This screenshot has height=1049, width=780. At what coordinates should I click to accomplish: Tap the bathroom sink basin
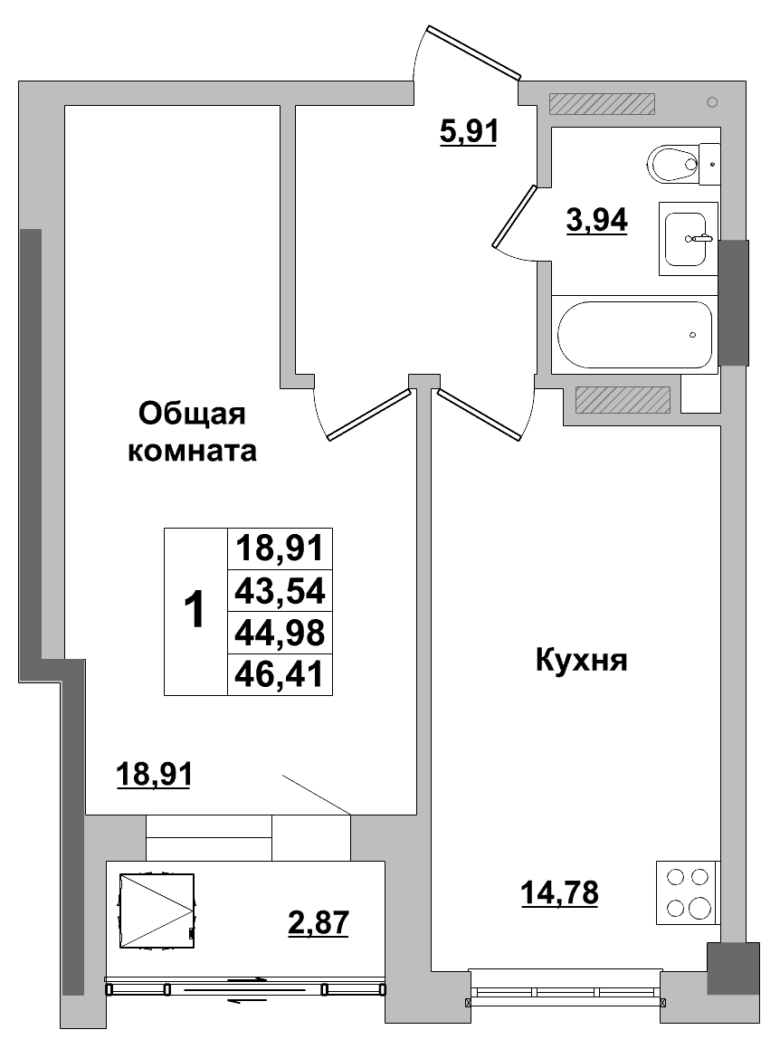[690, 238]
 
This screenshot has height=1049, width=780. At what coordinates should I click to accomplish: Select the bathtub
[634, 333]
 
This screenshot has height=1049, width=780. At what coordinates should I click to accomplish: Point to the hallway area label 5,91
[469, 133]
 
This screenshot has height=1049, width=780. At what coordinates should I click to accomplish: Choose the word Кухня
[581, 660]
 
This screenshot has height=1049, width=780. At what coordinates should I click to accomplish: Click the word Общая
[192, 415]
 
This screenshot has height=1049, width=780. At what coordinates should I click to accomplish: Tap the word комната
[192, 450]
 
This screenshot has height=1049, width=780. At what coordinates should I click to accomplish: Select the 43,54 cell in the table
[280, 591]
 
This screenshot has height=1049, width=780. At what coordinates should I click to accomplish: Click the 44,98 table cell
[280, 632]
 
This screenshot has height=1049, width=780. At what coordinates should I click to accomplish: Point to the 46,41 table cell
[280, 673]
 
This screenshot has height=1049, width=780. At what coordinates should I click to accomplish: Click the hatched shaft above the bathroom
[602, 104]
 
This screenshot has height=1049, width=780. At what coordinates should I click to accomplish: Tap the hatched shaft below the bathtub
[623, 398]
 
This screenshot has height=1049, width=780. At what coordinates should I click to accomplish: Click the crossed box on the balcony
[156, 910]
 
